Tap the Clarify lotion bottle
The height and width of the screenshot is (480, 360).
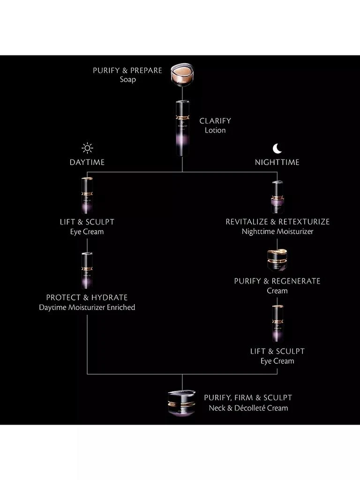pyautogui.click(x=182, y=127)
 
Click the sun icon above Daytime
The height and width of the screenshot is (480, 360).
pyautogui.click(x=87, y=149)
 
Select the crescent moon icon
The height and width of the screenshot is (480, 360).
pyautogui.click(x=277, y=149)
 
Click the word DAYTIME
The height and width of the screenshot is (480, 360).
pyautogui.click(x=87, y=162)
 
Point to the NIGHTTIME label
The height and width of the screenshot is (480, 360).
pyautogui.click(x=277, y=162)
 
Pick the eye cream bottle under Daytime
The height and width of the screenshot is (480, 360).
pyautogui.click(x=87, y=195)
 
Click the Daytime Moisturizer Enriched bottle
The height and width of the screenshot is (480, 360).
pyautogui.click(x=87, y=270)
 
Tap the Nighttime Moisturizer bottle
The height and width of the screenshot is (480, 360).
pyautogui.click(x=277, y=197)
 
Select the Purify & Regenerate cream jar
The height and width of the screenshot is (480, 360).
pyautogui.click(x=277, y=260)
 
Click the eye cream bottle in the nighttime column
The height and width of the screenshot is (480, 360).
pyautogui.click(x=277, y=323)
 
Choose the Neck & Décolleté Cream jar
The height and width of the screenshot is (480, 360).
pyautogui.click(x=182, y=402)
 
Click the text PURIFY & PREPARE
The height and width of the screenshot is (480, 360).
pyautogui.click(x=127, y=70)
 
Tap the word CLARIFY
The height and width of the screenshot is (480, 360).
pyautogui.click(x=215, y=121)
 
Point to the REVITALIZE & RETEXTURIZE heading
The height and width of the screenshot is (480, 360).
pyautogui.click(x=277, y=222)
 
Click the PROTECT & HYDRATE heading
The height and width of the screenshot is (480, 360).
pyautogui.click(x=87, y=298)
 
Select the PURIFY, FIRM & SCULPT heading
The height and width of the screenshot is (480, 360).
pyautogui.click(x=248, y=398)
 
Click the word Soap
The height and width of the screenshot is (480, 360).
pyautogui.click(x=127, y=80)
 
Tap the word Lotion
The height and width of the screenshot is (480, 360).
pyautogui.click(x=215, y=130)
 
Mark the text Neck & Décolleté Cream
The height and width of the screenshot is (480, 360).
pyautogui.click(x=248, y=408)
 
